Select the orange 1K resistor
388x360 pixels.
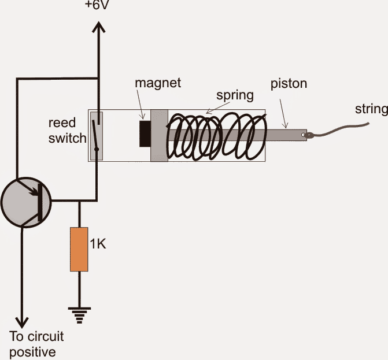[x=79, y=249]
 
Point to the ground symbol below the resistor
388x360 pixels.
[x=79, y=314]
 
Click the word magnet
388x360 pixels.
[x=158, y=83]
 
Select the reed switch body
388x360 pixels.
[x=96, y=135]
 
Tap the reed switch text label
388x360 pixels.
[x=65, y=131]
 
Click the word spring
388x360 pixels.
[x=235, y=95]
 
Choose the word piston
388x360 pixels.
[x=289, y=84]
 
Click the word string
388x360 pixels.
[x=371, y=107]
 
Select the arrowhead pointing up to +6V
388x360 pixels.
[x=98, y=29]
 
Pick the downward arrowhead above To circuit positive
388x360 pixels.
[x=23, y=321]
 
